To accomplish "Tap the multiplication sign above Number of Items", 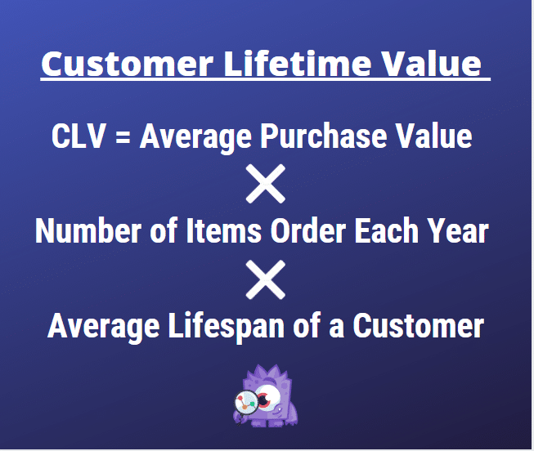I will pyautogui.click(x=266, y=185).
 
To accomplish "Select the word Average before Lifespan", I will pyautogui.click(x=105, y=328).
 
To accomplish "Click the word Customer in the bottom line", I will pyautogui.click(x=418, y=328).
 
